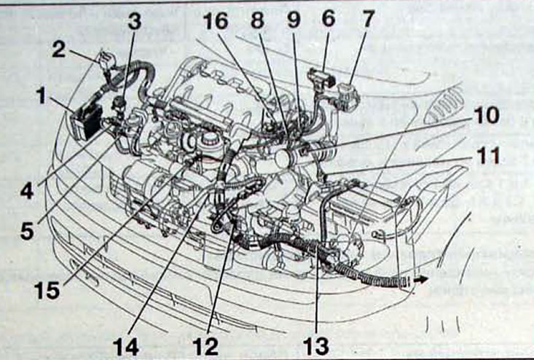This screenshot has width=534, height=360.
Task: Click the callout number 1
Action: coord(42,95)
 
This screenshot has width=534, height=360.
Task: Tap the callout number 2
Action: coord(58,49)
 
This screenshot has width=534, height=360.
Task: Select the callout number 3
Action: coord(135,22)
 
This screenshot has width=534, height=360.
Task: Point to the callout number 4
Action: coord(27,191)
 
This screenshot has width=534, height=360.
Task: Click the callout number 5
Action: coord(27,231)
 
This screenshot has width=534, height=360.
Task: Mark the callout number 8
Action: coord(257,20)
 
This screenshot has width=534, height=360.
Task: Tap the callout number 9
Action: coord(294,20)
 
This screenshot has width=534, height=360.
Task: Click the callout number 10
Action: coord(487,115)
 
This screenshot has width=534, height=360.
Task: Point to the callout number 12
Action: coord(205,347)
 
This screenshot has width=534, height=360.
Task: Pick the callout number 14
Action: coord(125,348)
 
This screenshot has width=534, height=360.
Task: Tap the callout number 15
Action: coord(47,291)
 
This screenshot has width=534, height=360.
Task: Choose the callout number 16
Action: coord(216,21)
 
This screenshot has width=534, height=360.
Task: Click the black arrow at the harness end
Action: coord(421,280)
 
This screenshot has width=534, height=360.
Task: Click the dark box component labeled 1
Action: coord(87,120)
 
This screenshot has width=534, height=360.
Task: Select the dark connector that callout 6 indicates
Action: coord(322,78)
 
